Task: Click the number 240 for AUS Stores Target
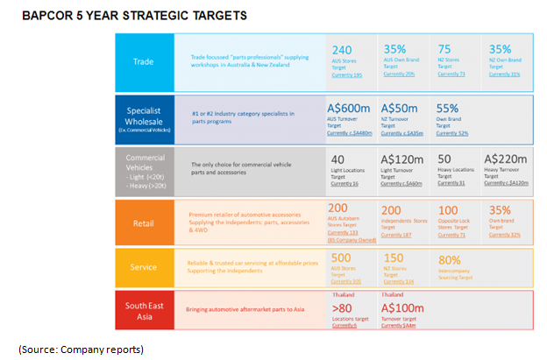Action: [x=341, y=51]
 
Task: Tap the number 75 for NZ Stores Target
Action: [x=444, y=50]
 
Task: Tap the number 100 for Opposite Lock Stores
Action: [x=448, y=210]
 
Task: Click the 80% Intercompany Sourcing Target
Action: [x=450, y=259]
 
